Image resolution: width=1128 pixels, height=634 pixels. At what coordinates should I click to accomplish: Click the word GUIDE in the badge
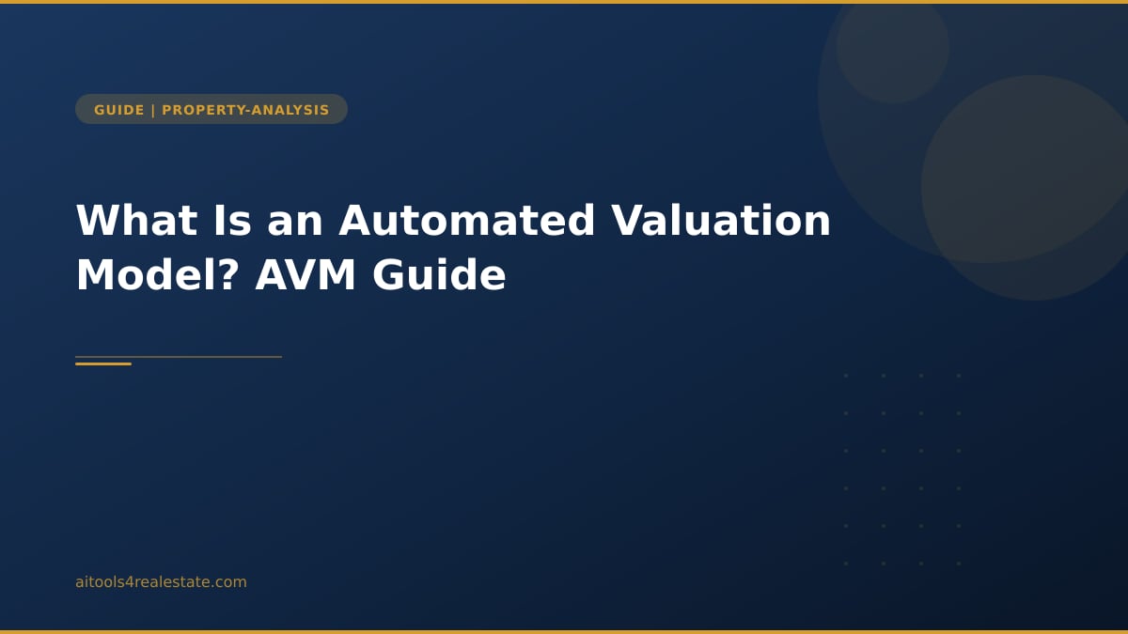(x=119, y=110)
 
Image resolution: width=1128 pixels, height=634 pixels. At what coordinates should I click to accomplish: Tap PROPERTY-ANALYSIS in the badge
(x=245, y=110)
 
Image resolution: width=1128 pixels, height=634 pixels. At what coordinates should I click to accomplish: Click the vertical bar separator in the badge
(x=153, y=110)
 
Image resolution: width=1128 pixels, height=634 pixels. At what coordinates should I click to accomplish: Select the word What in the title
(x=136, y=221)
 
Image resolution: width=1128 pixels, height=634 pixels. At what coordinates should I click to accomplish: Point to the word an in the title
(x=295, y=221)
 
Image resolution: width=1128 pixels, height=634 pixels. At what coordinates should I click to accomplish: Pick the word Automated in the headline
(x=467, y=221)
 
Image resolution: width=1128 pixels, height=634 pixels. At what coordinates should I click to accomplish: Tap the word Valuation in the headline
(x=721, y=221)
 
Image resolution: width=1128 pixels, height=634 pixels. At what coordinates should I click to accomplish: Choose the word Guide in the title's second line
(x=439, y=276)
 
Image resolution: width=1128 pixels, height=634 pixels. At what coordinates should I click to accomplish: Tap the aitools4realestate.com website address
(x=161, y=582)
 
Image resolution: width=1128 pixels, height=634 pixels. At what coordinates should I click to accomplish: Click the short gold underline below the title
(x=103, y=363)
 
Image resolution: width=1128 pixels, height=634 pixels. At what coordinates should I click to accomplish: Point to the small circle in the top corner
(x=892, y=47)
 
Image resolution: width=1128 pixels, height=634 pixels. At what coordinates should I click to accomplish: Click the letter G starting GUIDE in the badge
(x=100, y=110)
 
